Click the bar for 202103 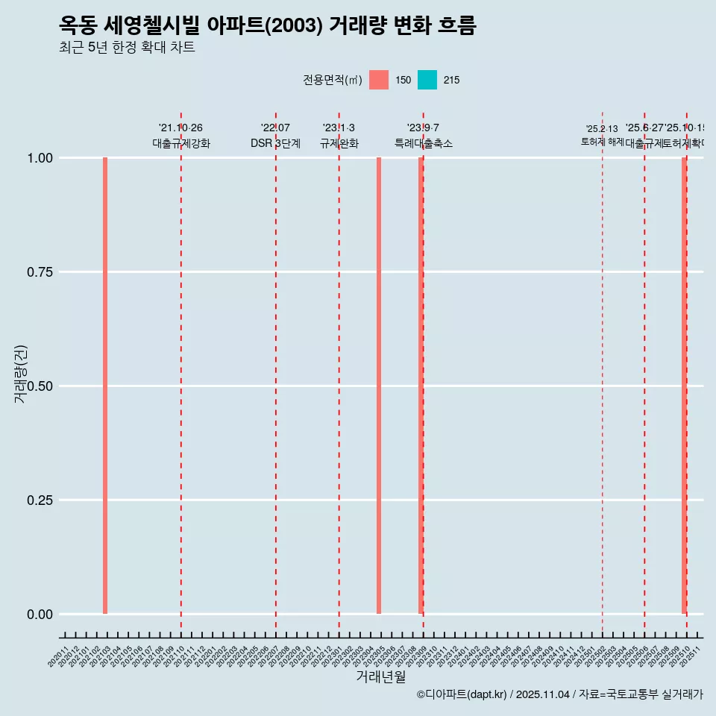[x=105, y=386]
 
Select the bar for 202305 [x=379, y=386]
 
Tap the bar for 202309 [x=421, y=386]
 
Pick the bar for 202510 [x=684, y=386]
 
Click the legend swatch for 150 [x=379, y=80]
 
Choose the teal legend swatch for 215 [x=427, y=80]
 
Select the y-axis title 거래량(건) [x=20, y=374]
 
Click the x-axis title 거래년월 [x=380, y=676]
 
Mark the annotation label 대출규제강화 [x=181, y=143]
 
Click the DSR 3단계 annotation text [x=275, y=143]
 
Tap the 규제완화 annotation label [x=339, y=143]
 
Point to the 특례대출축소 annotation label [x=424, y=143]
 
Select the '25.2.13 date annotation [x=602, y=129]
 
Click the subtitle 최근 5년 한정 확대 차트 [x=127, y=48]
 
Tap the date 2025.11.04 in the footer [x=542, y=694]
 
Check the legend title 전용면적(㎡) [x=333, y=80]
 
